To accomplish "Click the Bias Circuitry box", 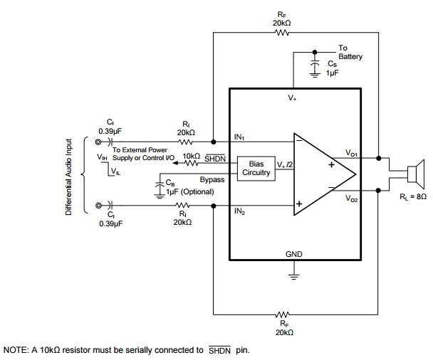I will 256,168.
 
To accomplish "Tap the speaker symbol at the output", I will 414,175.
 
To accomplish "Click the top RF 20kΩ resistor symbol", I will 283,32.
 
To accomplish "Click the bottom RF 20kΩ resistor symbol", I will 283,314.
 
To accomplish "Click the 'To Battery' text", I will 350,53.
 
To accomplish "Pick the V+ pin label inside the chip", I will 293,97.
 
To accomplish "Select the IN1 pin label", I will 240,136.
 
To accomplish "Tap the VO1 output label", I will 351,153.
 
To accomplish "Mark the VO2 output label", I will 352,198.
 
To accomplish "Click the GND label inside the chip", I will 293,254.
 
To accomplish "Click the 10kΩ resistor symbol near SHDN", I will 191,163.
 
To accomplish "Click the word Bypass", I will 212,180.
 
